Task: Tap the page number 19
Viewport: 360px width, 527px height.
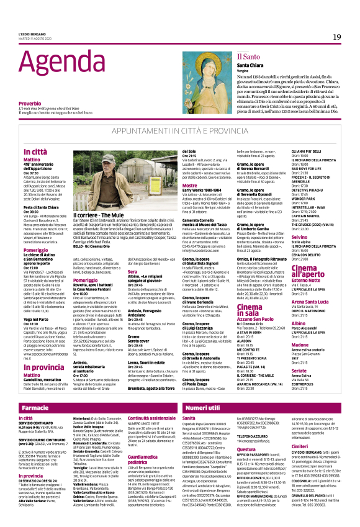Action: (x=336, y=37)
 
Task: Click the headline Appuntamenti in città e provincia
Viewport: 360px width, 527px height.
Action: (x=179, y=132)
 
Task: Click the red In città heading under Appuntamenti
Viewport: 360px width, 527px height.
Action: (x=34, y=151)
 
